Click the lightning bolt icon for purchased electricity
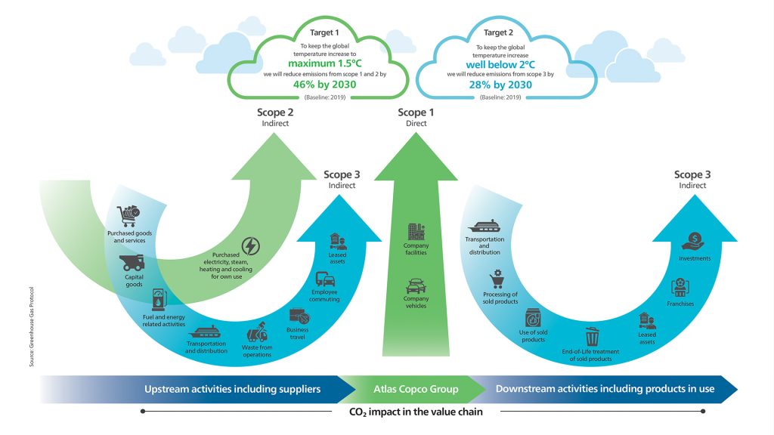250,245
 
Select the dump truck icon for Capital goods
133,263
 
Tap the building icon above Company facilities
416,233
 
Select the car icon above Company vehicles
416,286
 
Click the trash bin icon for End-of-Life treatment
591,337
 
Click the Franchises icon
680,288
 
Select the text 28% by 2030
500,85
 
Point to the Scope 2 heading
275,113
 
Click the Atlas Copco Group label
416,389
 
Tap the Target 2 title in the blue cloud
499,32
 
